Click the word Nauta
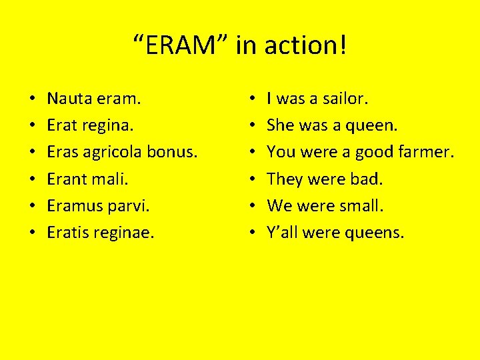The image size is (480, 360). (x=69, y=99)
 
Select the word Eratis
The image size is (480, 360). (x=67, y=233)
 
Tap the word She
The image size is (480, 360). (x=279, y=126)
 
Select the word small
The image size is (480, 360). (x=362, y=206)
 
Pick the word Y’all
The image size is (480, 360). (x=282, y=233)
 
